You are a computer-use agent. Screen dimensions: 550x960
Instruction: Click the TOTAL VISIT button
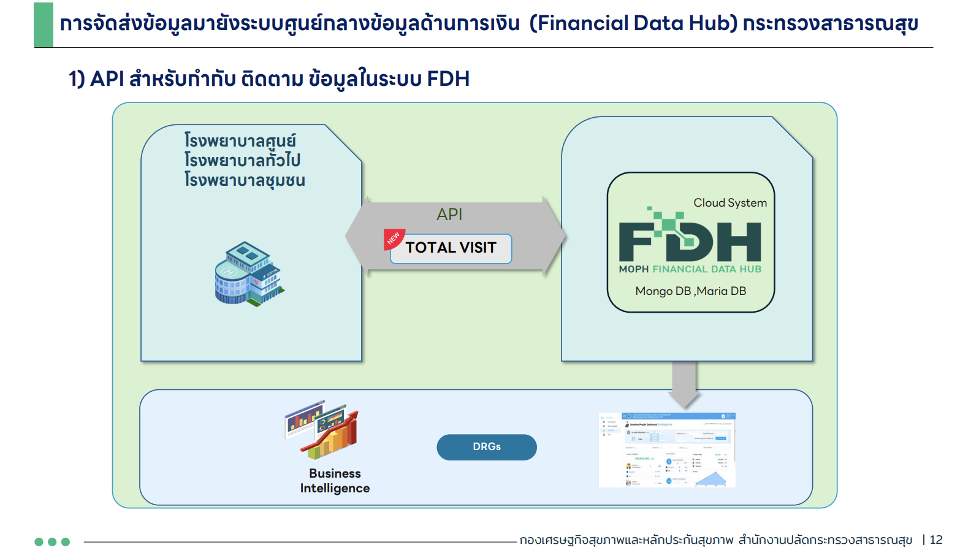(451, 248)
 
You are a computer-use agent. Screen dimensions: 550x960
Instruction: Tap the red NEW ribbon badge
(393, 238)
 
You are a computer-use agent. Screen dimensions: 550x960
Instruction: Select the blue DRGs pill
(486, 447)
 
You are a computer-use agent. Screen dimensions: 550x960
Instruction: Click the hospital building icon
(248, 274)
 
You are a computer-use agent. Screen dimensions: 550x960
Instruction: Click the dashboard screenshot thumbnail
(667, 450)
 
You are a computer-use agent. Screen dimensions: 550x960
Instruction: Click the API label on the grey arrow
(449, 215)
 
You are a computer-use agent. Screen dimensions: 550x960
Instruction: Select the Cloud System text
(730, 203)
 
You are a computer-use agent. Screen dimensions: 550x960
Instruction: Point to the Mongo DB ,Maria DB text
(690, 291)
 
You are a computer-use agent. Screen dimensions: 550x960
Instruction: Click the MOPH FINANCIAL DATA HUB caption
(690, 269)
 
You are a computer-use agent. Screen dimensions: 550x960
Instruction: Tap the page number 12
(936, 540)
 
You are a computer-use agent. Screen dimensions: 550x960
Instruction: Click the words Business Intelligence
(335, 481)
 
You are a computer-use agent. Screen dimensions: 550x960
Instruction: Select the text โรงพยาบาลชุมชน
(245, 180)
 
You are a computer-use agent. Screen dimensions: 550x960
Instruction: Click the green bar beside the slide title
(44, 25)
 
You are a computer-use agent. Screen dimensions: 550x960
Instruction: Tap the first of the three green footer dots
(39, 541)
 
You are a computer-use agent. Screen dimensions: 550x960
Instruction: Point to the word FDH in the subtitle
(448, 79)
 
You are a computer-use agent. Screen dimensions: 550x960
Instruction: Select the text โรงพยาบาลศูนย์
(240, 141)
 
